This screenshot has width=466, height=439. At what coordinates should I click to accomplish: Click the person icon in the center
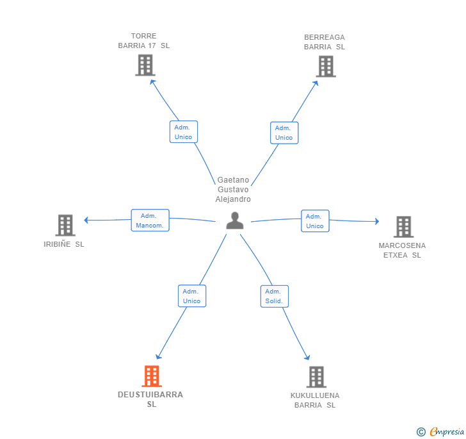pyautogui.click(x=235, y=220)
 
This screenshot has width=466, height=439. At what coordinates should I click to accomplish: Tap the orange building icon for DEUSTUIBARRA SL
pyautogui.click(x=152, y=376)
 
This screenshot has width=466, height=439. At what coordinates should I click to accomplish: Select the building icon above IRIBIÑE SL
pyautogui.click(x=65, y=226)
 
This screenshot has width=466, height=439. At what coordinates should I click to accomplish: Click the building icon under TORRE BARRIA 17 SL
pyautogui.click(x=145, y=65)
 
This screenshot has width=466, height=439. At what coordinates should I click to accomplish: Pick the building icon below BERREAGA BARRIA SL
pyautogui.click(x=326, y=67)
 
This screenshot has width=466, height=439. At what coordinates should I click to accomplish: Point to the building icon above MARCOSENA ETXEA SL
pyautogui.click(x=403, y=227)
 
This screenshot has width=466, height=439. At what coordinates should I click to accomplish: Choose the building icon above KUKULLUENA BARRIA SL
pyautogui.click(x=316, y=377)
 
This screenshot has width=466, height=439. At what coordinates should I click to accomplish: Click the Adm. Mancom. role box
pyautogui.click(x=150, y=220)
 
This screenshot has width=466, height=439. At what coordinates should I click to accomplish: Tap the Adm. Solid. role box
pyautogui.click(x=275, y=297)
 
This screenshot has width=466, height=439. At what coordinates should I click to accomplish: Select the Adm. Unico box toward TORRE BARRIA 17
pyautogui.click(x=184, y=132)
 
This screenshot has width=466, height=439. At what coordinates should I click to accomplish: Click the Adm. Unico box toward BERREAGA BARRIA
pyautogui.click(x=284, y=133)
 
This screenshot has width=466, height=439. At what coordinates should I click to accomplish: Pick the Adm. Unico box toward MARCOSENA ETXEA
pyautogui.click(x=315, y=221)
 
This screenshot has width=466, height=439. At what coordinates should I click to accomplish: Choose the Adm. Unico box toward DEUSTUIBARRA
pyautogui.click(x=192, y=296)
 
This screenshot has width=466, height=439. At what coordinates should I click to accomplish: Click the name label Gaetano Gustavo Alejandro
pyautogui.click(x=233, y=190)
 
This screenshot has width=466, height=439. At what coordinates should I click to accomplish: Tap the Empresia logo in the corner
pyautogui.click(x=440, y=431)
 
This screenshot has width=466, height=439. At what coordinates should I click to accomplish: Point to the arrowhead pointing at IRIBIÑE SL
pyautogui.click(x=86, y=220)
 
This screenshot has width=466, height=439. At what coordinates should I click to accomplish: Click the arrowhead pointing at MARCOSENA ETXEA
pyautogui.click(x=377, y=221)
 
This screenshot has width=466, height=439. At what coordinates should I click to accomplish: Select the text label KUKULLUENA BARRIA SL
pyautogui.click(x=315, y=401)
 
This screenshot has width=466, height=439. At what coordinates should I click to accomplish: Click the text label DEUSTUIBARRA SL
pyautogui.click(x=150, y=399)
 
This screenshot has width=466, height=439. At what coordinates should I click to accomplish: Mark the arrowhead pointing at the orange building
pyautogui.click(x=158, y=356)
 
